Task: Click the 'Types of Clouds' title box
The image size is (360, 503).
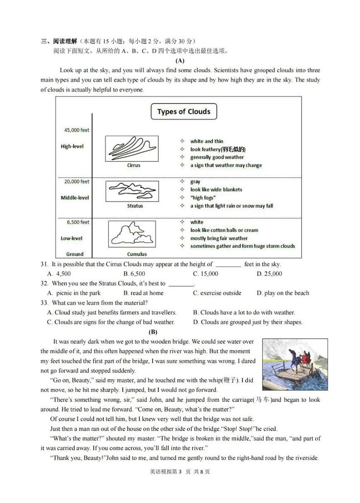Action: click(x=184, y=112)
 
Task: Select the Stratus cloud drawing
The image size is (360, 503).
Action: click(x=131, y=191)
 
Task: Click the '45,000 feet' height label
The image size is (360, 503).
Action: click(x=77, y=130)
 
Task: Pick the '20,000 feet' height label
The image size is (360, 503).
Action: click(x=77, y=181)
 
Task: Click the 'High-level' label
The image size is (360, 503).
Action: click(x=72, y=147)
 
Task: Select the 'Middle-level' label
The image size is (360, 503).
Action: click(x=75, y=198)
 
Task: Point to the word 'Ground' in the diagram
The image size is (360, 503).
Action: click(x=75, y=254)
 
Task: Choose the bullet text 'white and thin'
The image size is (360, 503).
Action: click(x=207, y=141)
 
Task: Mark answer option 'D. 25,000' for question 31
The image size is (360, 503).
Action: click(x=269, y=273)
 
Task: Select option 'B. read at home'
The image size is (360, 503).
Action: click(x=143, y=293)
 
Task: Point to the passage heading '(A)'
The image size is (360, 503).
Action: click(x=180, y=60)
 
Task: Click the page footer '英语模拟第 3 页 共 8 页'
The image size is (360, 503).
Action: click(x=180, y=471)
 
